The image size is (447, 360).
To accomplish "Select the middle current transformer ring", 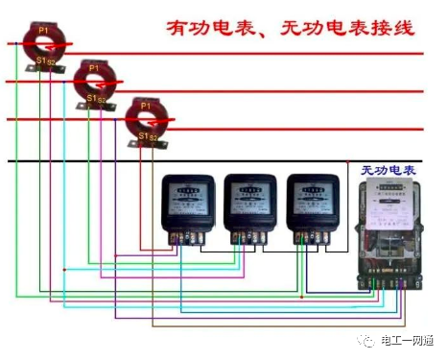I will (94, 83).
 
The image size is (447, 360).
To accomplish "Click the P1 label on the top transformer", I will (43, 31).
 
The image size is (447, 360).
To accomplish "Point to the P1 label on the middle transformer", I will (93, 68).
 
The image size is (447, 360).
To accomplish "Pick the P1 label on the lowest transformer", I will (145, 105).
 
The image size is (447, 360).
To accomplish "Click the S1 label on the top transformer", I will (40, 60).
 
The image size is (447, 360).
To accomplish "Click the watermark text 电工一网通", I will (407, 339).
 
